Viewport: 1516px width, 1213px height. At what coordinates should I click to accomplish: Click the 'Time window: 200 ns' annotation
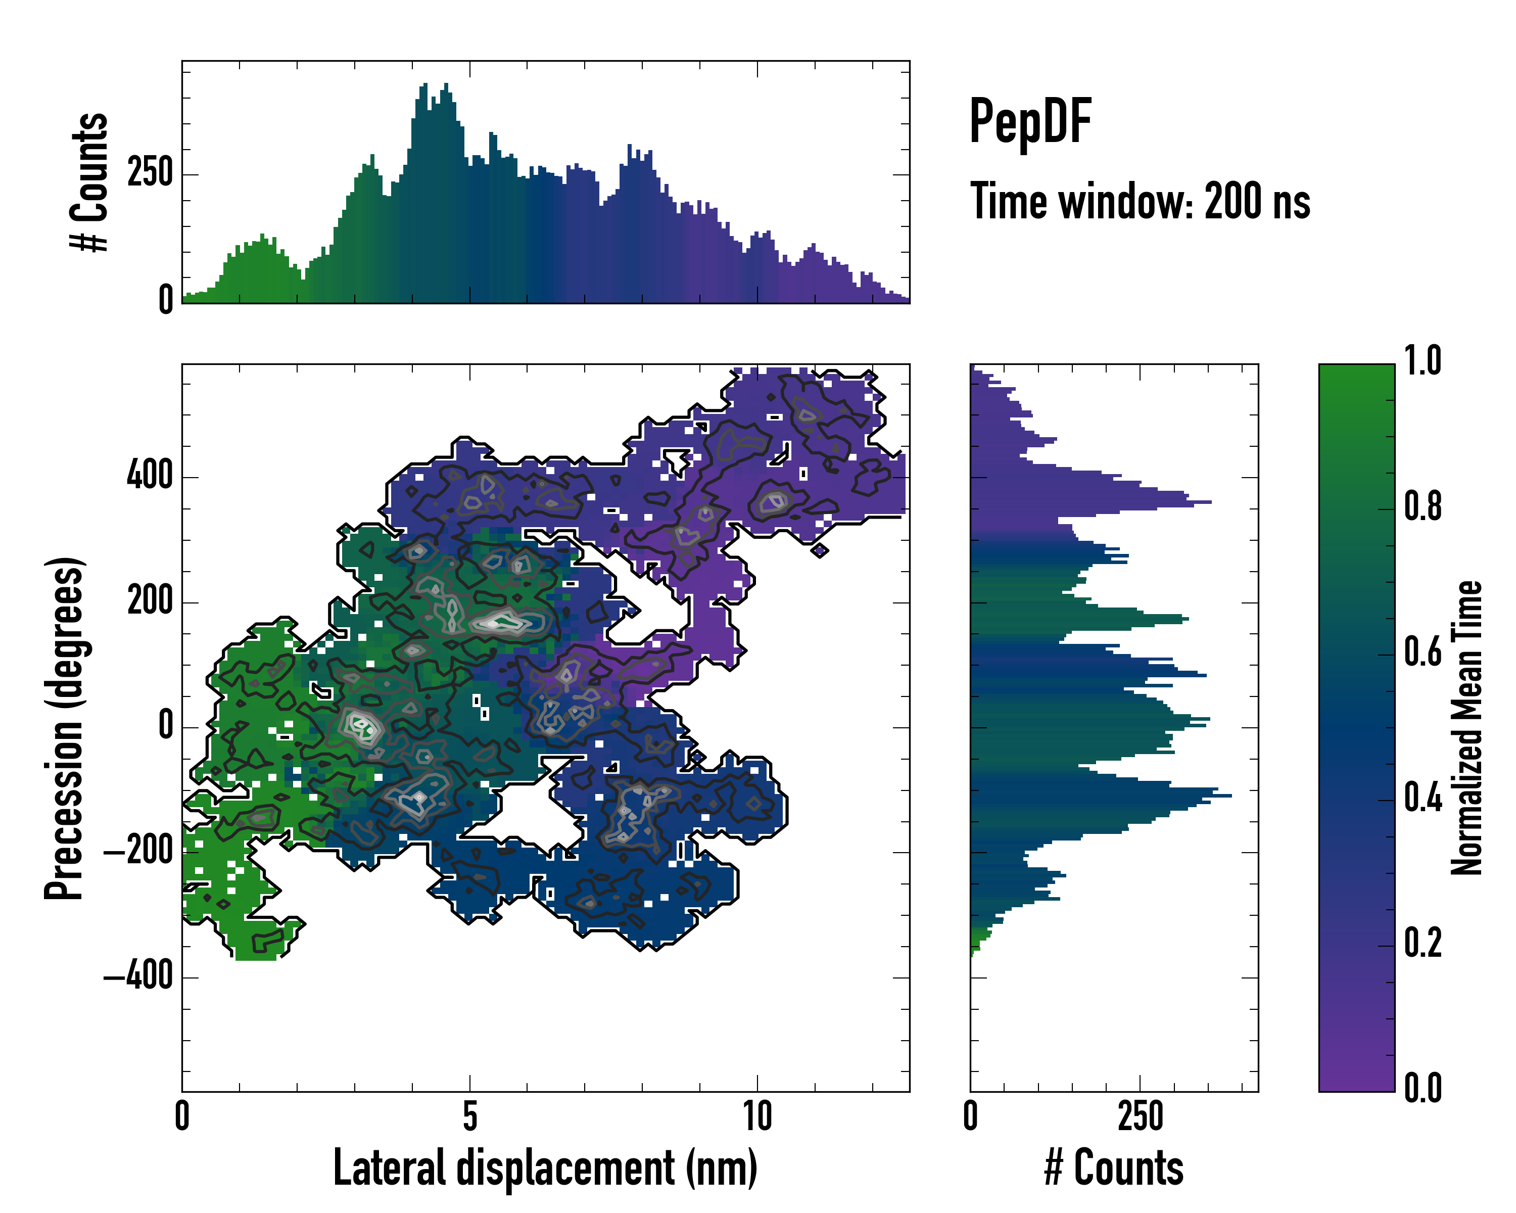[1140, 202]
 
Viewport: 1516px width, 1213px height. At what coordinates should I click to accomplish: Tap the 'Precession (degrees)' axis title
[65, 728]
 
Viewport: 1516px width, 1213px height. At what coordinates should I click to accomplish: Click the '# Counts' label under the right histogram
[1114, 1168]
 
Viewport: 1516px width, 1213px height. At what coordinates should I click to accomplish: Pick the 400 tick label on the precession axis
[150, 476]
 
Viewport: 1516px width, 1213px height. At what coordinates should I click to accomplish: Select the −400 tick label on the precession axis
[138, 977]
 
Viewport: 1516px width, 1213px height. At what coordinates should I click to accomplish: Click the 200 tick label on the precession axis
[150, 602]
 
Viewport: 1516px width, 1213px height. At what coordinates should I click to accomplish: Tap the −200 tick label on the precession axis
[138, 852]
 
